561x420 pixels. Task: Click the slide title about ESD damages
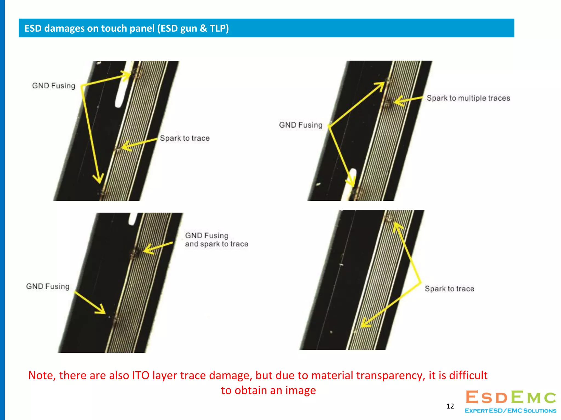coord(127,28)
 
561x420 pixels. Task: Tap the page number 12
coord(450,406)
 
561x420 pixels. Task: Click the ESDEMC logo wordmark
coord(511,397)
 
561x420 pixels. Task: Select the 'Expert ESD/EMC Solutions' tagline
coord(511,411)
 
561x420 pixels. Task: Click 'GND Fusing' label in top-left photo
coord(54,86)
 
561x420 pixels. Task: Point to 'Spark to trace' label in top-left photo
coord(185,138)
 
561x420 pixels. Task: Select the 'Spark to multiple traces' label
coord(468,98)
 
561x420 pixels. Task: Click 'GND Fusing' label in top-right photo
coord(301,125)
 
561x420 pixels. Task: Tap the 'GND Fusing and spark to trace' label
coord(217,240)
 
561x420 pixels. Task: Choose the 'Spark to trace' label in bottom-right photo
coord(450,289)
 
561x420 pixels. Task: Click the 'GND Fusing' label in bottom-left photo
coord(48,286)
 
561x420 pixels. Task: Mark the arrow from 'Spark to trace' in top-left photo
coord(139,144)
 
